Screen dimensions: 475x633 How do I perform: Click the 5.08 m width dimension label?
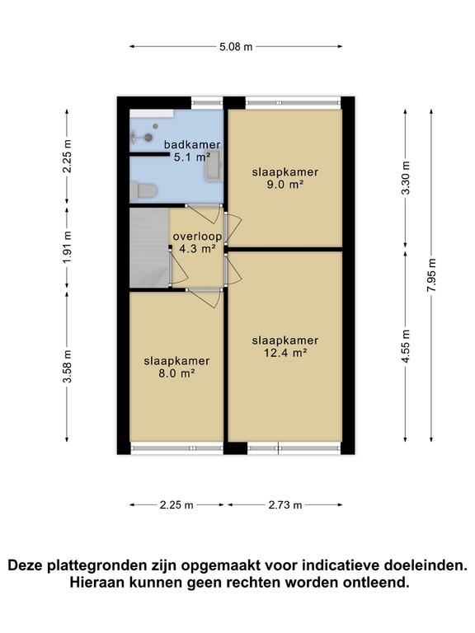pos(236,47)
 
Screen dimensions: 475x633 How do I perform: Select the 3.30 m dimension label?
pos(406,178)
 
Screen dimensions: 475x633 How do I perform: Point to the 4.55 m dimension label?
pos(406,346)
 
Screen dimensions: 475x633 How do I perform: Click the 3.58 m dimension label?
pos(67,366)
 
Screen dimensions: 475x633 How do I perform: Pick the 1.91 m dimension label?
pos(67,247)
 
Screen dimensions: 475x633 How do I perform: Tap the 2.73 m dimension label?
pos(285,505)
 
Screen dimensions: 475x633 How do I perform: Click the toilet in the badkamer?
pos(143,190)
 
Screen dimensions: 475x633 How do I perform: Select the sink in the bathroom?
pos(214,165)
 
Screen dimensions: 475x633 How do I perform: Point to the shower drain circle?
pos(148,138)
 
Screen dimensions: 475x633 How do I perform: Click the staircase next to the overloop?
pos(149,247)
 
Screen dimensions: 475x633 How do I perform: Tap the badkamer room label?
pos(192,144)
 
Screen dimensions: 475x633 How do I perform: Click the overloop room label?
pos(197,237)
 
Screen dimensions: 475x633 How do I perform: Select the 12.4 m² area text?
pos(285,354)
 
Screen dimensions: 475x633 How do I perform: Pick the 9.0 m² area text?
pos(285,185)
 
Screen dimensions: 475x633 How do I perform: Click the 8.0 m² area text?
pos(177,373)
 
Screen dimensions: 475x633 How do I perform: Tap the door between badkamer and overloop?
pos(204,214)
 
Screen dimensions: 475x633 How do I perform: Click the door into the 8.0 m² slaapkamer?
pos(204,298)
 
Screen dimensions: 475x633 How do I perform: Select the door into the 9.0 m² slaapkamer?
pos(233,228)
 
